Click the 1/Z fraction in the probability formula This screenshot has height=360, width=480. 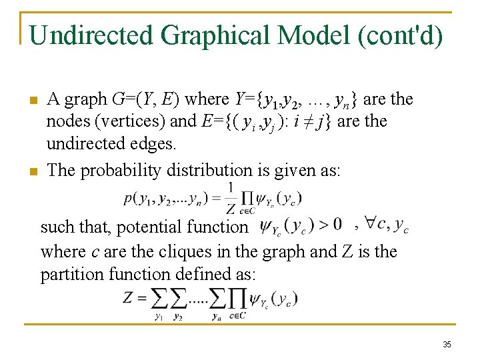click(231, 198)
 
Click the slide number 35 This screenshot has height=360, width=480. click(447, 345)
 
